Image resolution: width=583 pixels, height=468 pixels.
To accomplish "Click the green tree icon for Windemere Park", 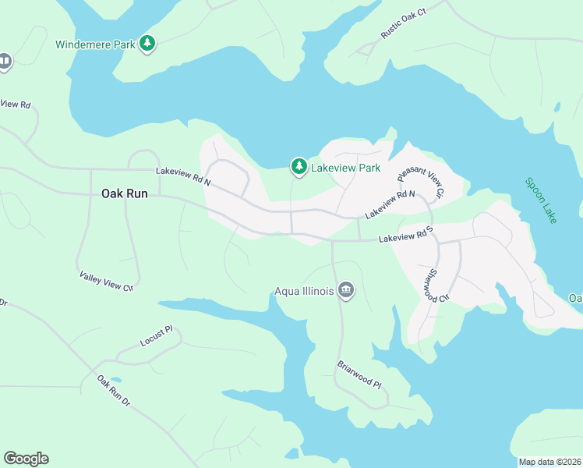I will pyautogui.click(x=147, y=44).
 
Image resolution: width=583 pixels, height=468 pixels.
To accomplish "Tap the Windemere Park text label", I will pyautogui.click(x=95, y=44).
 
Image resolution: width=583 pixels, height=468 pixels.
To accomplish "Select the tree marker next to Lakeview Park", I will pyautogui.click(x=299, y=166).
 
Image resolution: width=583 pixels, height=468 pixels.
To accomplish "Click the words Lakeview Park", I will pyautogui.click(x=345, y=168).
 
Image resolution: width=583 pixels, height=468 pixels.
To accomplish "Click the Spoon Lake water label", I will pyautogui.click(x=541, y=200).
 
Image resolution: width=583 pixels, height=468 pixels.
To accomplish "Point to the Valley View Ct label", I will pyautogui.click(x=107, y=281).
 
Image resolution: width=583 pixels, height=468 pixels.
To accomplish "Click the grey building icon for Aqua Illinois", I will pyautogui.click(x=346, y=292).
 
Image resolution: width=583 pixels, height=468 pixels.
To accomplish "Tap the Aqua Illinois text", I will pyautogui.click(x=304, y=292).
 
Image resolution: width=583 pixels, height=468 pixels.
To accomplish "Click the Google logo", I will pyautogui.click(x=26, y=459).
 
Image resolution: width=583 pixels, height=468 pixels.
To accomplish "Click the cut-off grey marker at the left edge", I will pyautogui.click(x=4, y=62).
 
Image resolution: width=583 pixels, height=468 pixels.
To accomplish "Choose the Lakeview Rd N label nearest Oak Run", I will pyautogui.click(x=183, y=176).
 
